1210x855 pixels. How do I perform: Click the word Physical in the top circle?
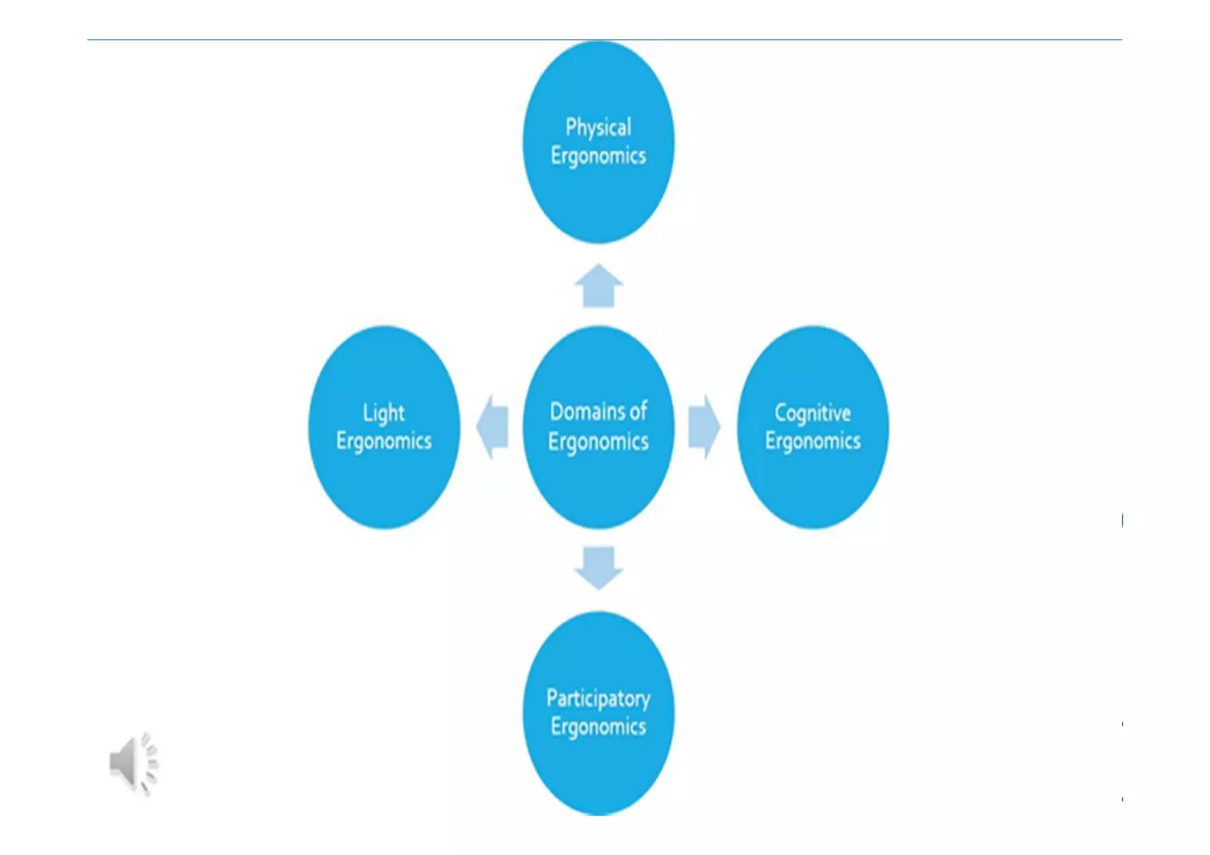click(x=598, y=128)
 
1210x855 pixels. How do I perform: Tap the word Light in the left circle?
click(x=383, y=413)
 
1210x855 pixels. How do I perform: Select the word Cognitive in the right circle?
click(x=812, y=413)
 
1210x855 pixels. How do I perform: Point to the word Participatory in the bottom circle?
click(x=598, y=699)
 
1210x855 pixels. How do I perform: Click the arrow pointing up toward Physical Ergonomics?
click(x=599, y=286)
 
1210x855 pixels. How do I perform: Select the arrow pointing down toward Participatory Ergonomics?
click(x=599, y=568)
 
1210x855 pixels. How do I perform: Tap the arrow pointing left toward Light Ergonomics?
click(x=493, y=427)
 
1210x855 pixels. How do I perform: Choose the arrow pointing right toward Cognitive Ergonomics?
click(x=704, y=427)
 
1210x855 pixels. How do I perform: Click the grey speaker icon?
click(x=134, y=763)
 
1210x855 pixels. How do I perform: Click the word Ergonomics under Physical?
click(x=598, y=157)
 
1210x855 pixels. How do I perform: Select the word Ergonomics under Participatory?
click(x=598, y=727)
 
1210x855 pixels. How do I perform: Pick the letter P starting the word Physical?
click(x=571, y=127)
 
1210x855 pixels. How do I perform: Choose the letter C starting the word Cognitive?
click(x=780, y=413)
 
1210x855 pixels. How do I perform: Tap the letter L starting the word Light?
click(x=367, y=412)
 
